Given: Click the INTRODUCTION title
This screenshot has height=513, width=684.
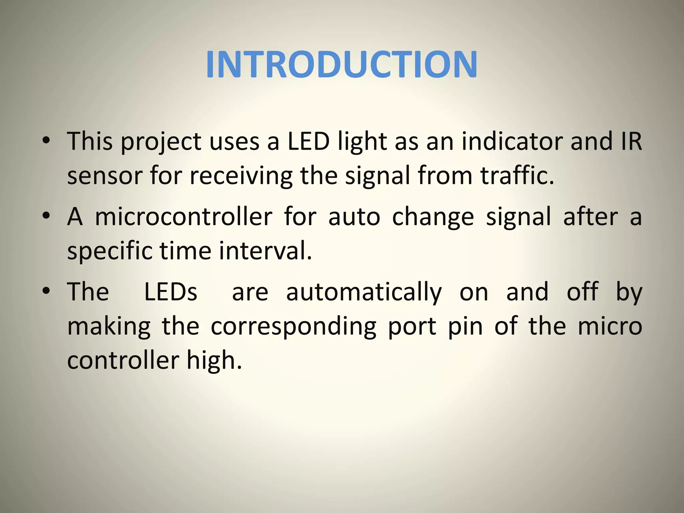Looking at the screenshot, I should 341,64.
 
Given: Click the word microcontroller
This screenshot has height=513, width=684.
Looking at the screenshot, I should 184,217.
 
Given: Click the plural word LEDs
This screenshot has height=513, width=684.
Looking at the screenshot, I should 171,292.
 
